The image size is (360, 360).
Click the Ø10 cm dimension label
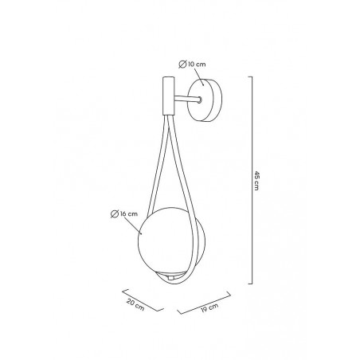(x=192, y=65)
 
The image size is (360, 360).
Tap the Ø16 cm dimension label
(x=124, y=213)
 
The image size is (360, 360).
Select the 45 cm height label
(x=256, y=181)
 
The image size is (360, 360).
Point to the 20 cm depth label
(x=135, y=304)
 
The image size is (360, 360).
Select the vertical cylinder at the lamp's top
(x=168, y=96)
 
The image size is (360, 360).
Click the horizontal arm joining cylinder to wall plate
(x=186, y=99)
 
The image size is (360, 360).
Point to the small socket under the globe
(x=170, y=277)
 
